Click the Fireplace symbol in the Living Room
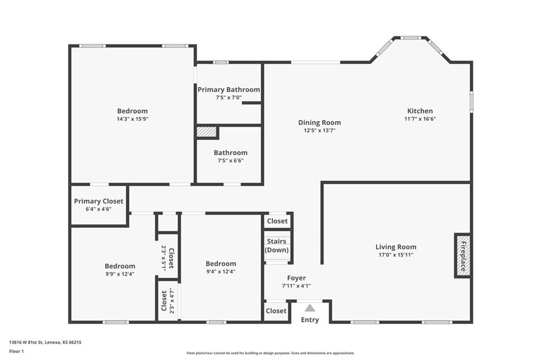463,256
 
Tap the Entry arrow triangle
310,308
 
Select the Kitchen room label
420,111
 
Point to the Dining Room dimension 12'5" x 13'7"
320,130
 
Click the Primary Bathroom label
229,90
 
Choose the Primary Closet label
99,201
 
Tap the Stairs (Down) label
277,245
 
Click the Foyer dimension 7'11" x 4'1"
296,286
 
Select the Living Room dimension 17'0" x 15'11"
396,255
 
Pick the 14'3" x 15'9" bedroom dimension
133,119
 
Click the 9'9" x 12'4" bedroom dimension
120,274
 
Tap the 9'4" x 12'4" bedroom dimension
221,271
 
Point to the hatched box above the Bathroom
207,132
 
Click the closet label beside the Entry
276,311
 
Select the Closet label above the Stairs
277,221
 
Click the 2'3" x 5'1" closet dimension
164,259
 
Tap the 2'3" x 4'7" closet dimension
172,301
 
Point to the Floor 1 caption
16,352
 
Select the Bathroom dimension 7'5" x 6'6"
230,160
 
